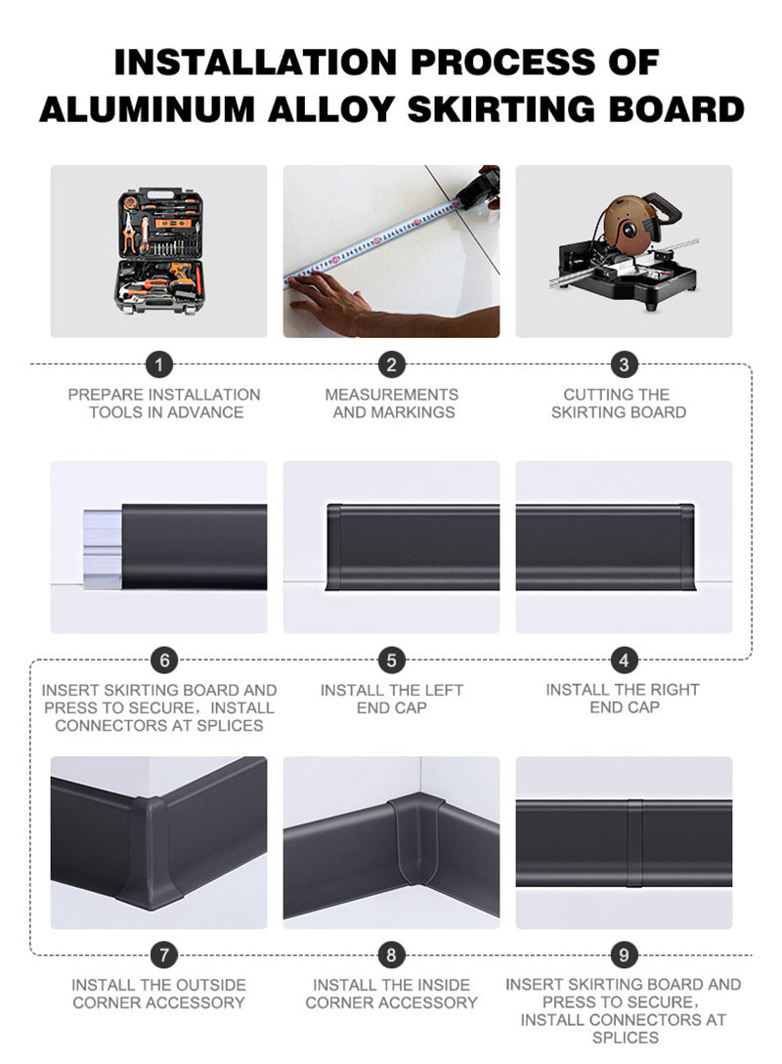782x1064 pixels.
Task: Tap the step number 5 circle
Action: [x=391, y=660]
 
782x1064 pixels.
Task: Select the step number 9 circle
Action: [x=625, y=955]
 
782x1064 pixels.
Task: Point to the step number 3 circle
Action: [x=625, y=365]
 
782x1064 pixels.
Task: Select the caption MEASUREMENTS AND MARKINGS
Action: [x=391, y=404]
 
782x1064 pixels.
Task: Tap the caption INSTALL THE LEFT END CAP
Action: [x=391, y=699]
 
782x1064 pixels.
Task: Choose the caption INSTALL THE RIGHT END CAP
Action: [x=623, y=699]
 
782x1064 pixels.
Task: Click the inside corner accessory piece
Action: [x=411, y=845]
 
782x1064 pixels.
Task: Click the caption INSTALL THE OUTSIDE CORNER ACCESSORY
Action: [x=158, y=994]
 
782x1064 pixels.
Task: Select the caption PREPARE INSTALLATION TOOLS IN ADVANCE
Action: [x=164, y=404]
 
